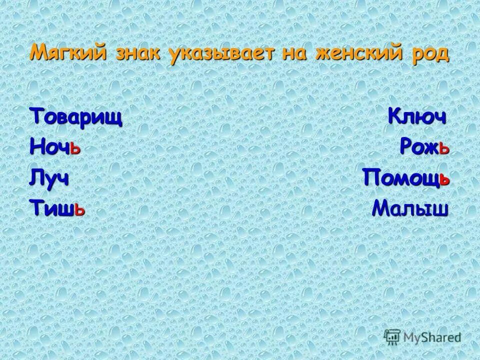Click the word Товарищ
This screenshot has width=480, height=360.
pyautogui.click(x=76, y=117)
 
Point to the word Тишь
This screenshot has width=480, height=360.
pyautogui.click(x=57, y=206)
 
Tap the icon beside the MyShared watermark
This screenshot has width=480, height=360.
pyautogui.click(x=391, y=336)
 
